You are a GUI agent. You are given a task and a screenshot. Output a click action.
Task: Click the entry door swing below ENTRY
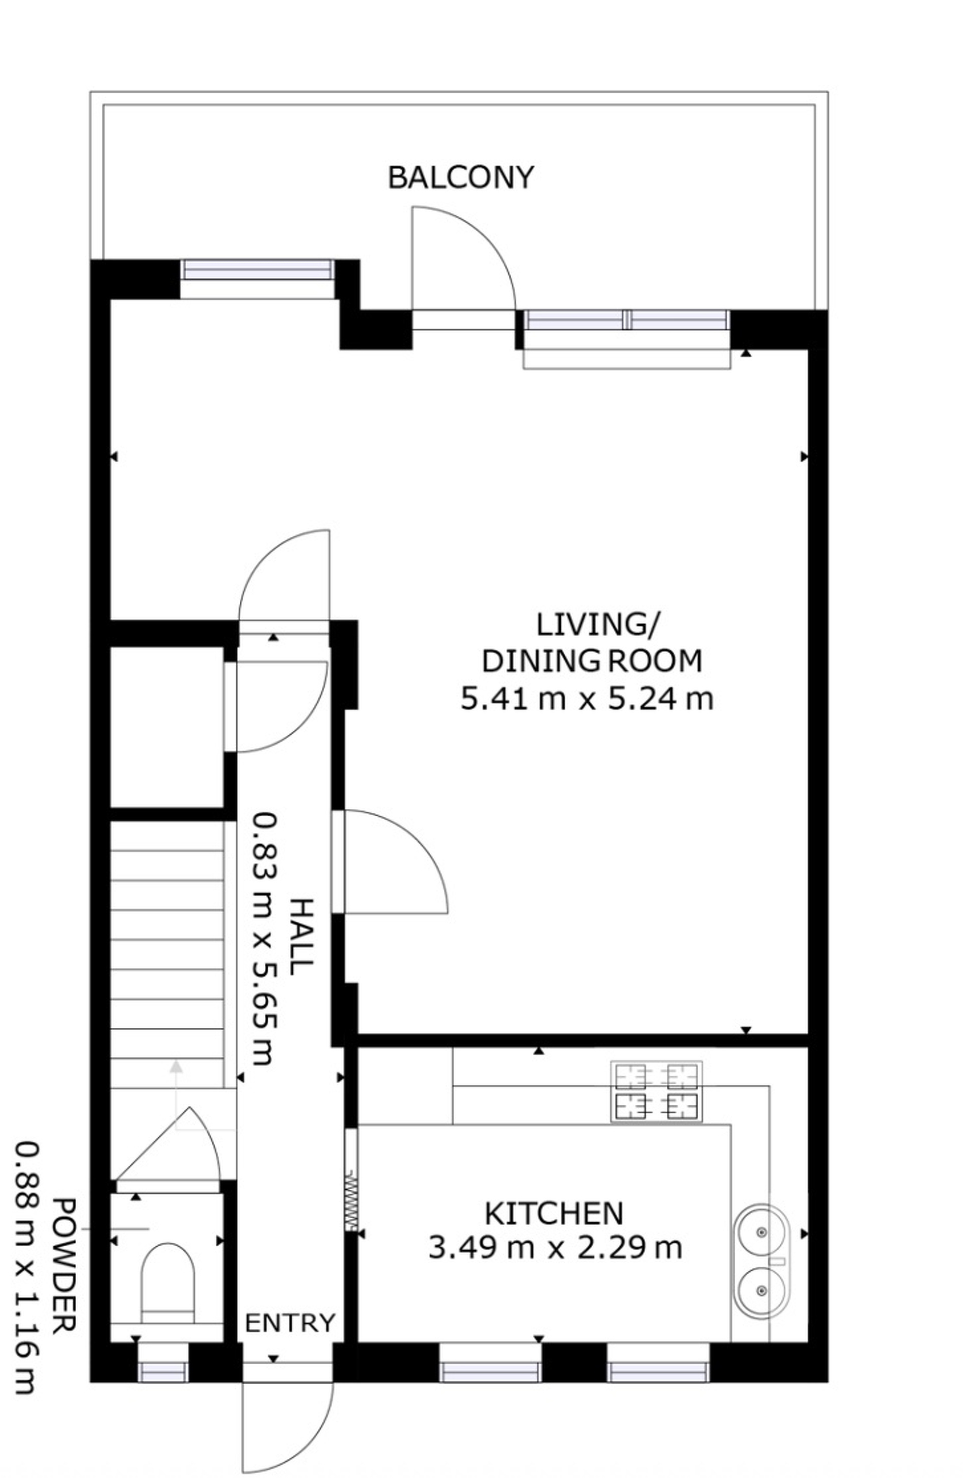pos(287,1422)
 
